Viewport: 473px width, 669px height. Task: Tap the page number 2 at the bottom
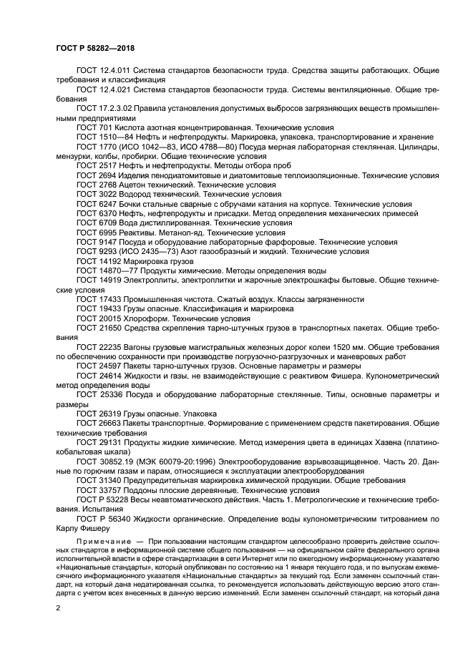pyautogui.click(x=58, y=607)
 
